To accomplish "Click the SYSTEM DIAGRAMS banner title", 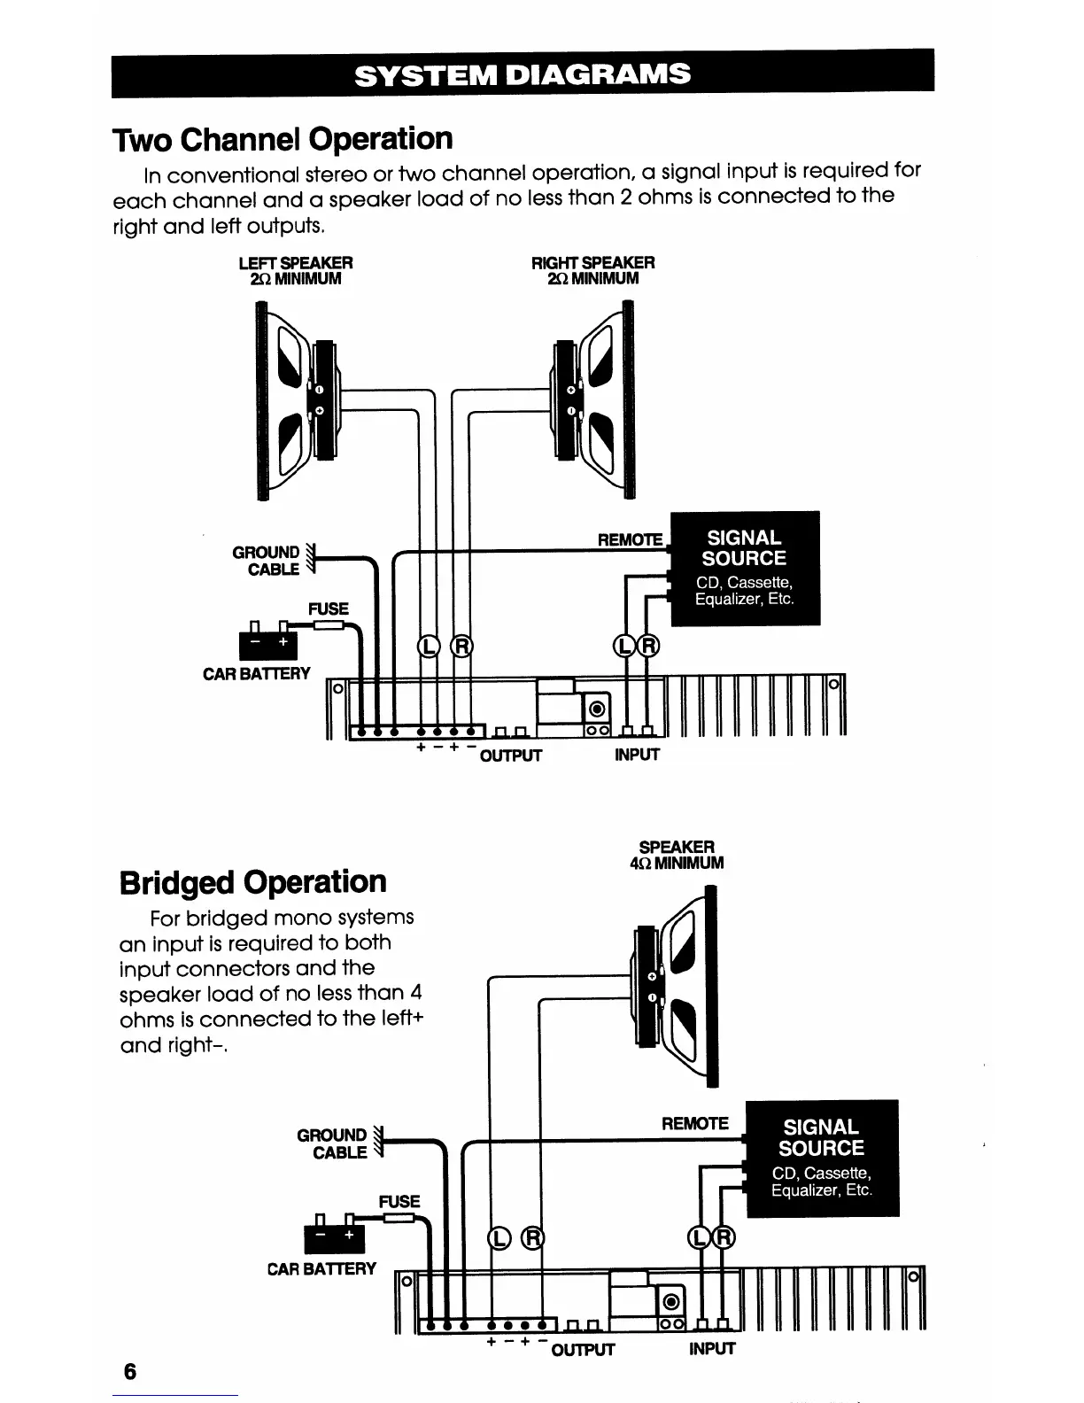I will coord(522,74).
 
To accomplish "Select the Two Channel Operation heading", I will coord(283,139).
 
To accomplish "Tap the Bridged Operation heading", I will coord(253,882).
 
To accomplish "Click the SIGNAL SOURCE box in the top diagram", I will coord(745,568).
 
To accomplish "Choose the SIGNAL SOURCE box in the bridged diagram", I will coord(822,1158).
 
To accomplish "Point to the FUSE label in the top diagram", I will coord(328,608).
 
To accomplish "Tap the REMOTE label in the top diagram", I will coord(631,539).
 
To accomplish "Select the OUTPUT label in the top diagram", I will coord(510,756).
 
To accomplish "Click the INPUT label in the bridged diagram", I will coord(712,1349).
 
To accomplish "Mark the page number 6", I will coord(130,1372).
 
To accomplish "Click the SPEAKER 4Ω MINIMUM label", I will coord(677,855).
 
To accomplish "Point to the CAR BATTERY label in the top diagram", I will coord(257,674).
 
